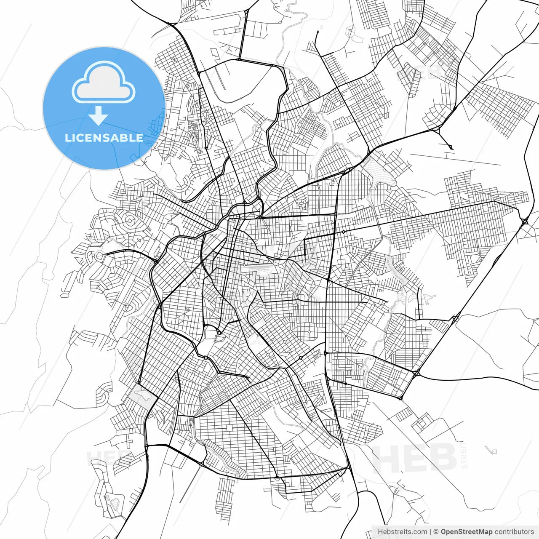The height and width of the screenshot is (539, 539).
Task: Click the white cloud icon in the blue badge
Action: pyautogui.click(x=103, y=83)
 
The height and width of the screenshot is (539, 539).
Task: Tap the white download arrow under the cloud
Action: pyautogui.click(x=98, y=115)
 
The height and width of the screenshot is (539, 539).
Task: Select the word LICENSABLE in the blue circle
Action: pyautogui.click(x=104, y=138)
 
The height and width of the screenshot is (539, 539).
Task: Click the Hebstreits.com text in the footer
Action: pyautogui.click(x=402, y=532)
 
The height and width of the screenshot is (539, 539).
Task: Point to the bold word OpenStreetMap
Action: pyautogui.click(x=467, y=532)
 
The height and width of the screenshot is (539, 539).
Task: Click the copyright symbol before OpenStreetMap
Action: pyautogui.click(x=436, y=532)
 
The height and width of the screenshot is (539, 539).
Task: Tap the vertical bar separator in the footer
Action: pyautogui.click(x=430, y=532)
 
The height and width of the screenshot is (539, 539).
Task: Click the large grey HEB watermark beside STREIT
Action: pyautogui.click(x=415, y=458)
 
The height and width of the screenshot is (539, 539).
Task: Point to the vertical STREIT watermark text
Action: pyautogui.click(x=464, y=455)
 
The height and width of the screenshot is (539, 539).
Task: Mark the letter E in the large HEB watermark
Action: pyautogui.click(x=414, y=458)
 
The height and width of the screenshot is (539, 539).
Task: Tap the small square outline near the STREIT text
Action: pyautogui.click(x=491, y=451)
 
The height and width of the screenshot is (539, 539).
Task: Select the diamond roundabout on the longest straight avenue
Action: pyautogui.click(x=344, y=232)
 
